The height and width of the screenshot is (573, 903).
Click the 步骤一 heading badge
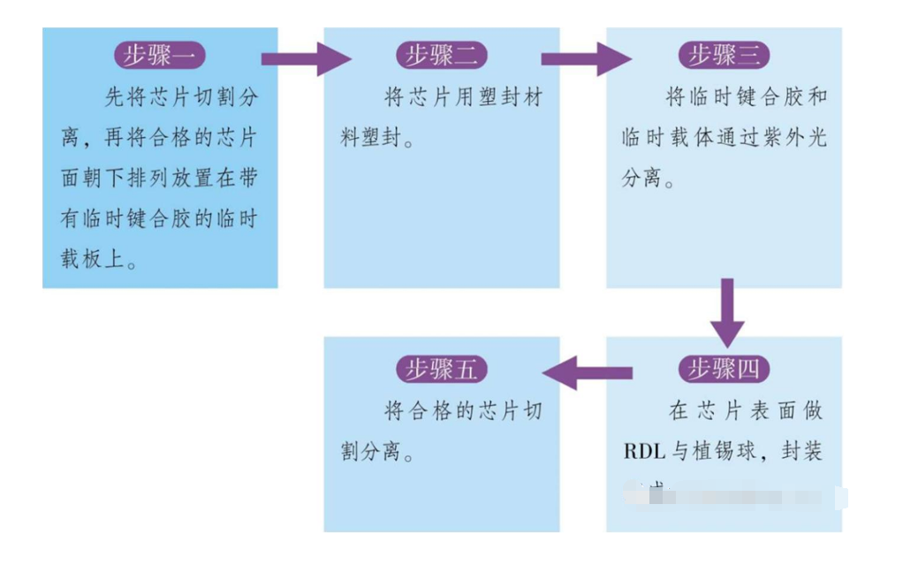click(x=160, y=56)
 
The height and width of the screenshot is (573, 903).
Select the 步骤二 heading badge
click(x=441, y=56)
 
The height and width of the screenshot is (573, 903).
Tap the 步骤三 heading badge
click(x=724, y=56)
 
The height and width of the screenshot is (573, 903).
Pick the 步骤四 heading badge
click(x=724, y=369)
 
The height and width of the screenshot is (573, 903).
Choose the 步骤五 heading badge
click(x=441, y=369)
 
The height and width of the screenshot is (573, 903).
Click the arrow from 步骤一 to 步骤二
click(x=306, y=59)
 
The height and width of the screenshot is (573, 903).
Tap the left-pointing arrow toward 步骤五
click(x=588, y=372)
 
